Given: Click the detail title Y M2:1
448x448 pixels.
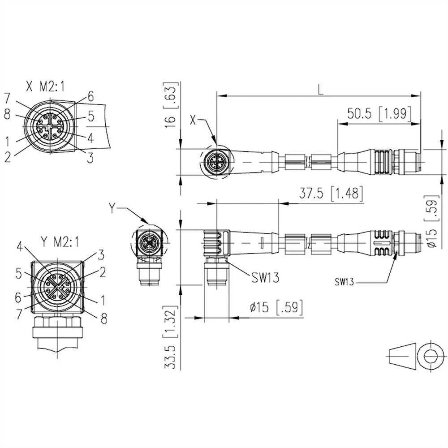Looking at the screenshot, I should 59,242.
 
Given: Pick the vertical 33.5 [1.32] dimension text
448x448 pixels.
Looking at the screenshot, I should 170,337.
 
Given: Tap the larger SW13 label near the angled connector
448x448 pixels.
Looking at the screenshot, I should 264,277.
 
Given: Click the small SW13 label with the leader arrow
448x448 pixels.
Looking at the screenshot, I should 345,282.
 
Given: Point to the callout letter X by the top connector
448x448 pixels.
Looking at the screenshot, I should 194,120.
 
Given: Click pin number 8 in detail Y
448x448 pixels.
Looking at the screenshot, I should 103,318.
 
